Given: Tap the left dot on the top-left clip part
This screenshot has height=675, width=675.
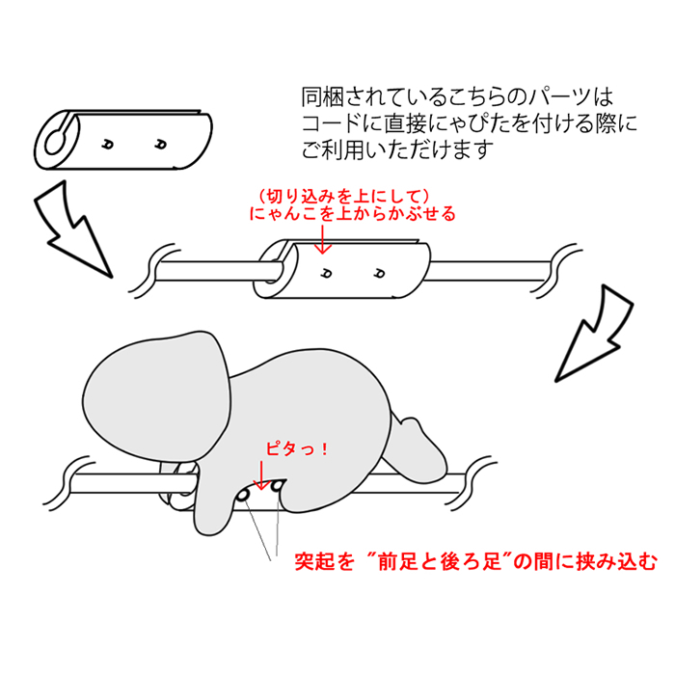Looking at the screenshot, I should [x=108, y=144].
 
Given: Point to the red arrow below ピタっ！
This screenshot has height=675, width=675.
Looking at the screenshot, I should [x=259, y=473].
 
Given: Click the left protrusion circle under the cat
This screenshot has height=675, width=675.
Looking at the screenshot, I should [x=243, y=494].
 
